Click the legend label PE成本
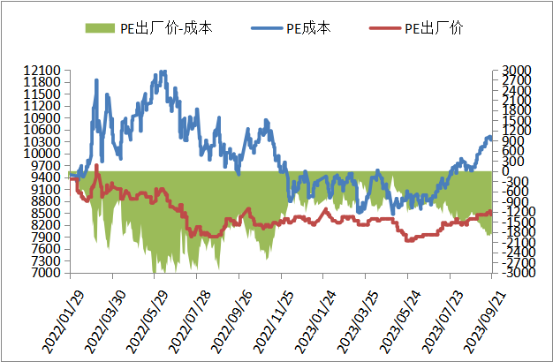308,28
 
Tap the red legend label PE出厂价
434,28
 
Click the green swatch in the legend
100,28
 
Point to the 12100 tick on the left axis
43,70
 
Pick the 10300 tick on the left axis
43,141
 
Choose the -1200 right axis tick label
511,212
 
